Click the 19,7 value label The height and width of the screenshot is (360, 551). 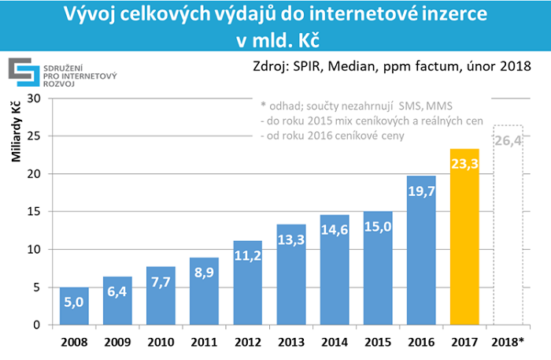[422, 190]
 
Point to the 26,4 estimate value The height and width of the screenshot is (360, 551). [509, 143]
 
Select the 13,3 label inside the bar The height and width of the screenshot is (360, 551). [292, 239]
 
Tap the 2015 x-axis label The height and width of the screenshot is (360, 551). [379, 342]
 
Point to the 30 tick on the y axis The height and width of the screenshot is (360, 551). [32, 98]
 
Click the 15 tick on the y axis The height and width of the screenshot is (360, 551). [32, 212]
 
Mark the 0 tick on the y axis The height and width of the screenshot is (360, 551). [35, 325]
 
